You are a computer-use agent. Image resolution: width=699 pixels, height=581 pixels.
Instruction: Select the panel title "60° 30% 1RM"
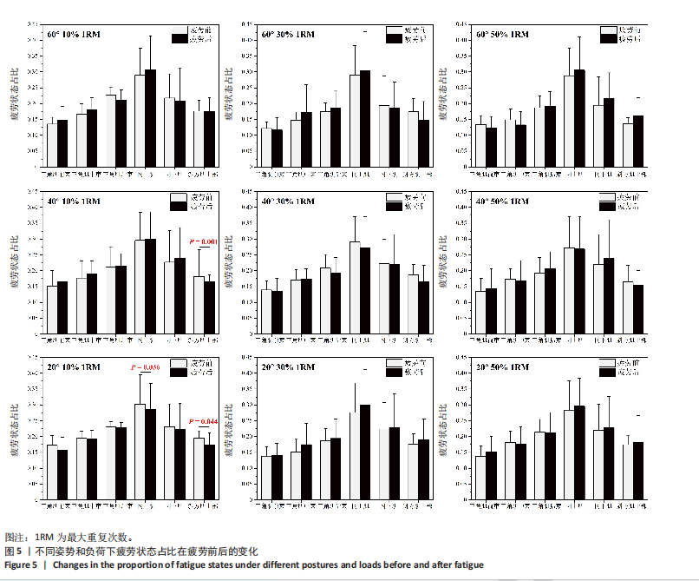[288, 35]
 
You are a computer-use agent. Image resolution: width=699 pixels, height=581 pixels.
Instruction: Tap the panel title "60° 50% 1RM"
[503, 35]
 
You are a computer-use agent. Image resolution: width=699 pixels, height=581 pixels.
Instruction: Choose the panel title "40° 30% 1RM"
[288, 202]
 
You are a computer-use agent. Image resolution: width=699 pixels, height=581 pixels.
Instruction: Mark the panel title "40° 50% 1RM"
[503, 202]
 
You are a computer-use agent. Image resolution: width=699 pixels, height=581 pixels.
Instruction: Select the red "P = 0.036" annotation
[149, 368]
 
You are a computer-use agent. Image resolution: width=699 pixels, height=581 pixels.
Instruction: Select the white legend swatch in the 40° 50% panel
[607, 198]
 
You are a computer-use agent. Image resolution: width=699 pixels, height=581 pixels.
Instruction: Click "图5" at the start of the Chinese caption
[13, 551]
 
